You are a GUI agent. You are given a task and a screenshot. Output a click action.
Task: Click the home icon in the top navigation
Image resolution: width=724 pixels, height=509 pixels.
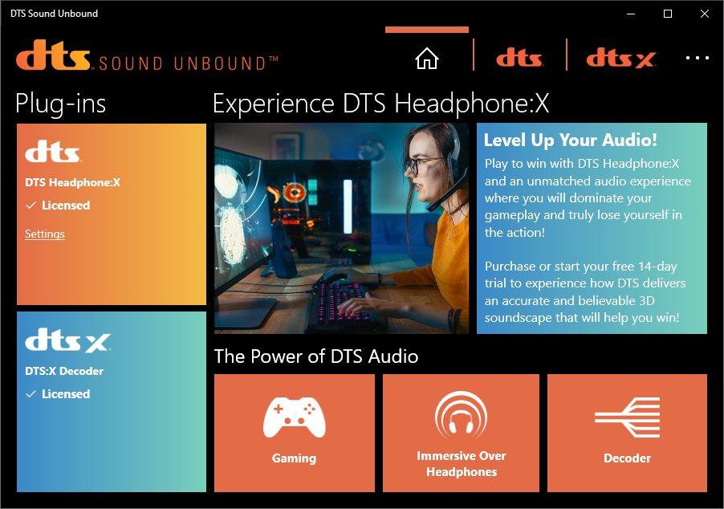[427, 58]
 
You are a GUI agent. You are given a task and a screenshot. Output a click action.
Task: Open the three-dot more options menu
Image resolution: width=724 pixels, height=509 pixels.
[698, 58]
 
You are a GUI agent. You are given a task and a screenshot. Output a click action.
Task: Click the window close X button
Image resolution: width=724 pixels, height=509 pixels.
[705, 14]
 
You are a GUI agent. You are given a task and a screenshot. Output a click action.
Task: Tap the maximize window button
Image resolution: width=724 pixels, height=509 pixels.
[668, 14]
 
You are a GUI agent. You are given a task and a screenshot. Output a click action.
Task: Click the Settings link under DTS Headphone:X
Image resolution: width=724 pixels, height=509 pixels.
[45, 234]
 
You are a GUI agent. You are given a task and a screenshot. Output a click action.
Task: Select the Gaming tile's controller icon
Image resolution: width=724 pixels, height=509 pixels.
[294, 417]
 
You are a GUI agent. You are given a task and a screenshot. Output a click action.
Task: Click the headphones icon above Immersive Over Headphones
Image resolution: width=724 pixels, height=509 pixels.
[461, 415]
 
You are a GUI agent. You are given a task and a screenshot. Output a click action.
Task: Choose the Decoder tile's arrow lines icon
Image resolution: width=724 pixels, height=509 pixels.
[627, 417]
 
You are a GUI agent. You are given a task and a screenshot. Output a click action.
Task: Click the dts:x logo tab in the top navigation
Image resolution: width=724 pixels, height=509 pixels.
[621, 58]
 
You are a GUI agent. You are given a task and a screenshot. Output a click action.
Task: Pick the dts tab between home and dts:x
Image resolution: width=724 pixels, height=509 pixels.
[519, 58]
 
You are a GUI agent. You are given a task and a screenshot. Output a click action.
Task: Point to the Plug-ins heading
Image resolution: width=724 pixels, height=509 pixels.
[60, 104]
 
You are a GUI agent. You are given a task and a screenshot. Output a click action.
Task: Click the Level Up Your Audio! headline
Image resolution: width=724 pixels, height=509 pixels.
[570, 140]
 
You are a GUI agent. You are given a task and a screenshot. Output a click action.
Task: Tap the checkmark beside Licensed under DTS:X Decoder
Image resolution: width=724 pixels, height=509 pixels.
[31, 394]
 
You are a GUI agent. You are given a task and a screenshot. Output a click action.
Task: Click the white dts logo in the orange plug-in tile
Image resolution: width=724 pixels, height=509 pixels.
[53, 152]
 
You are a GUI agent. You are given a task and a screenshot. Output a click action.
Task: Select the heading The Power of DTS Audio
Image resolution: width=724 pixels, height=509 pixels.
[316, 356]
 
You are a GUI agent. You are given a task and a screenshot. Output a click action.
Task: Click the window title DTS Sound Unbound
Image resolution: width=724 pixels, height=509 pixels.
[54, 14]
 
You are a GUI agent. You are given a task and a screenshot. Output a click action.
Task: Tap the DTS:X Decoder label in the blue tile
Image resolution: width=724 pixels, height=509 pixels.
[64, 371]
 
